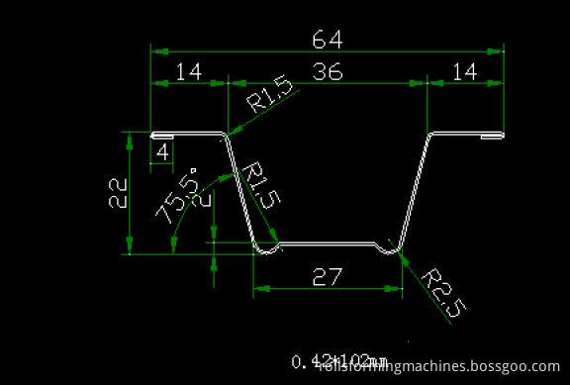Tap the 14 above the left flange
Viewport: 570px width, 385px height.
(188, 71)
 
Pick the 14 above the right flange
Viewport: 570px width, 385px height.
(464, 71)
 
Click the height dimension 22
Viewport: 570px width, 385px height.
(117, 190)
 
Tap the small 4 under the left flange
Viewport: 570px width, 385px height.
(162, 153)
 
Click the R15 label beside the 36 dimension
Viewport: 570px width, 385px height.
(270, 96)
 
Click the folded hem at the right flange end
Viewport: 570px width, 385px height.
(489, 137)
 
